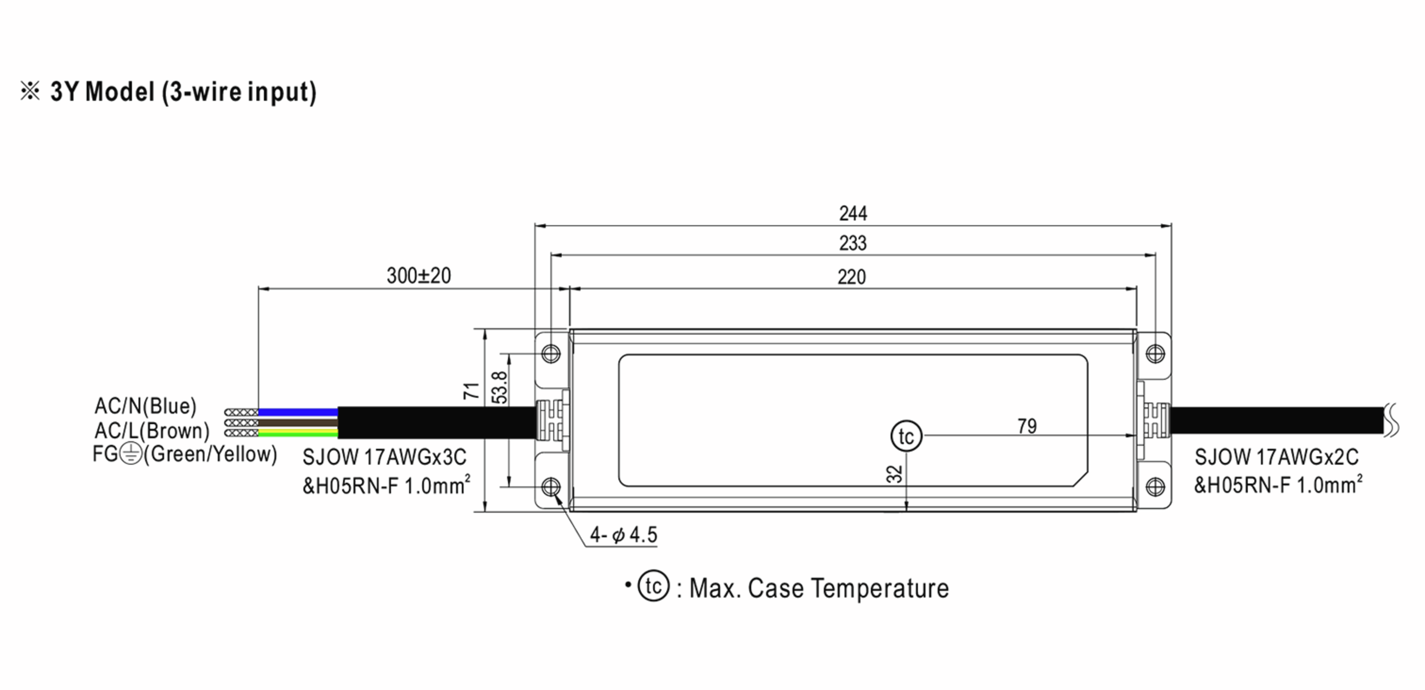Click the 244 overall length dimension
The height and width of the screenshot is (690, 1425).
click(x=853, y=213)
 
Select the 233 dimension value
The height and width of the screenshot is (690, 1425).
click(x=853, y=243)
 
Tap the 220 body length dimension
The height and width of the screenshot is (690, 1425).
click(x=851, y=277)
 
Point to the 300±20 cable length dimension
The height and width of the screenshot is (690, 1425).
click(x=419, y=276)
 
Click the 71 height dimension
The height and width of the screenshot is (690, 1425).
click(x=471, y=391)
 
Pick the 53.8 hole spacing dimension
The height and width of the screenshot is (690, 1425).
click(x=501, y=388)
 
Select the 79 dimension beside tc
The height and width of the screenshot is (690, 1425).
click(x=1027, y=426)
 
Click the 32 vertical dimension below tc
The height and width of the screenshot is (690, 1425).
click(x=894, y=474)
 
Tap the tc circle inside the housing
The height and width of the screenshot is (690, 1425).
click(x=906, y=436)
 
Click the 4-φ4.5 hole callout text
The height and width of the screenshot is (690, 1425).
click(x=623, y=535)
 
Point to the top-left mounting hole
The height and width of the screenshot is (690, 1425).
click(x=551, y=354)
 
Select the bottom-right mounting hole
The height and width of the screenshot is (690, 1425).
click(x=1155, y=487)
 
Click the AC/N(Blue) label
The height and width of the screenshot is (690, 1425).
click(x=145, y=406)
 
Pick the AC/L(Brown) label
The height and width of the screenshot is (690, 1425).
click(x=152, y=431)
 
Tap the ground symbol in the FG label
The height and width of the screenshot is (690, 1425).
click(x=131, y=454)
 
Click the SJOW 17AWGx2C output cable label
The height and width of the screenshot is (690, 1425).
click(x=1276, y=457)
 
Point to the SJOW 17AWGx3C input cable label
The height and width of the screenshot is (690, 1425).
click(x=384, y=457)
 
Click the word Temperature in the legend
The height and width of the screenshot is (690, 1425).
click(x=879, y=588)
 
